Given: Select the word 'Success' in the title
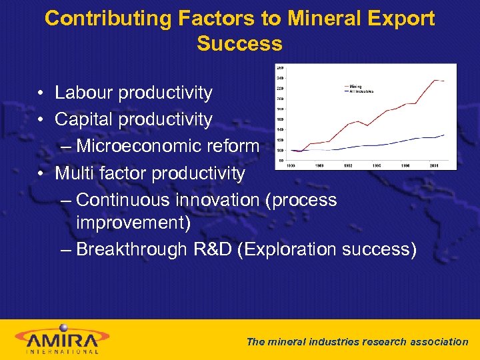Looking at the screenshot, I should [x=239, y=44].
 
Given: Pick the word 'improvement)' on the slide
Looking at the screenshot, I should [x=133, y=223].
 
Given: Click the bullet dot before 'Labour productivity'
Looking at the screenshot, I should [x=41, y=93].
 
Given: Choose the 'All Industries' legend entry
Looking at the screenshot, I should [x=361, y=91].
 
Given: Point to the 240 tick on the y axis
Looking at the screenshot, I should [x=281, y=77].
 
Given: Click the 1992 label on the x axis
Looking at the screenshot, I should [x=349, y=165].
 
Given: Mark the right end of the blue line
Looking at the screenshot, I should [x=445, y=135].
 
